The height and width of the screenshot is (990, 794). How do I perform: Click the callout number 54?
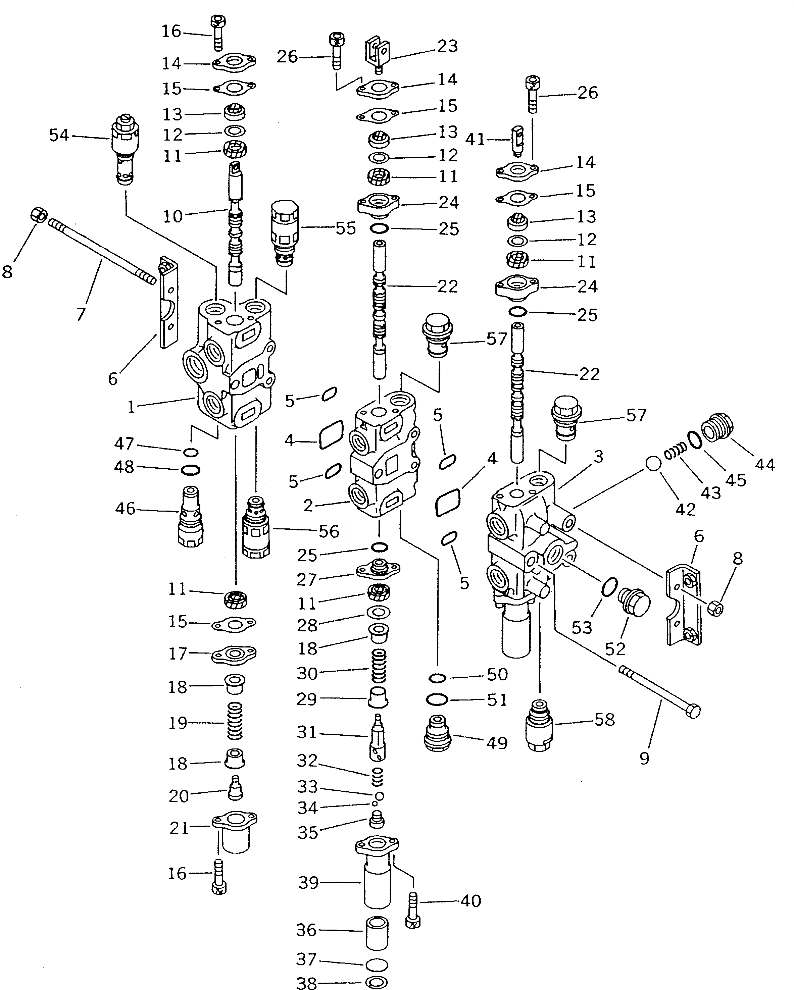59,136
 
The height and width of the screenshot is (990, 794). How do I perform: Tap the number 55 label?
345,228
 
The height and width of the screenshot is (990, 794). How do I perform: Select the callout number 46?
125,509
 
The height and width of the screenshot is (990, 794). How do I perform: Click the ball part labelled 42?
653,464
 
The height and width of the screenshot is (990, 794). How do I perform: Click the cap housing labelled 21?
235,832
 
